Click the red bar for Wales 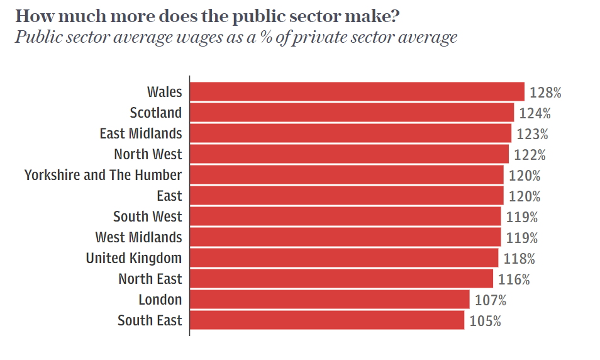click(357, 92)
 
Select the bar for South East click(327, 320)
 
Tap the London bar click(330, 300)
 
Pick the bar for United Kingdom click(344, 258)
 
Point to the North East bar click(342, 279)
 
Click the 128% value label click(545, 93)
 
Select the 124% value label click(535, 113)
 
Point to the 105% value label click(485, 321)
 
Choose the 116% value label click(514, 279)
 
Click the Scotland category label click(156, 113)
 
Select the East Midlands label click(141, 134)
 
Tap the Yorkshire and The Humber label click(103, 175)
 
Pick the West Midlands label click(138, 237)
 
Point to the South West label click(148, 217)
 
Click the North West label click(148, 154)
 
